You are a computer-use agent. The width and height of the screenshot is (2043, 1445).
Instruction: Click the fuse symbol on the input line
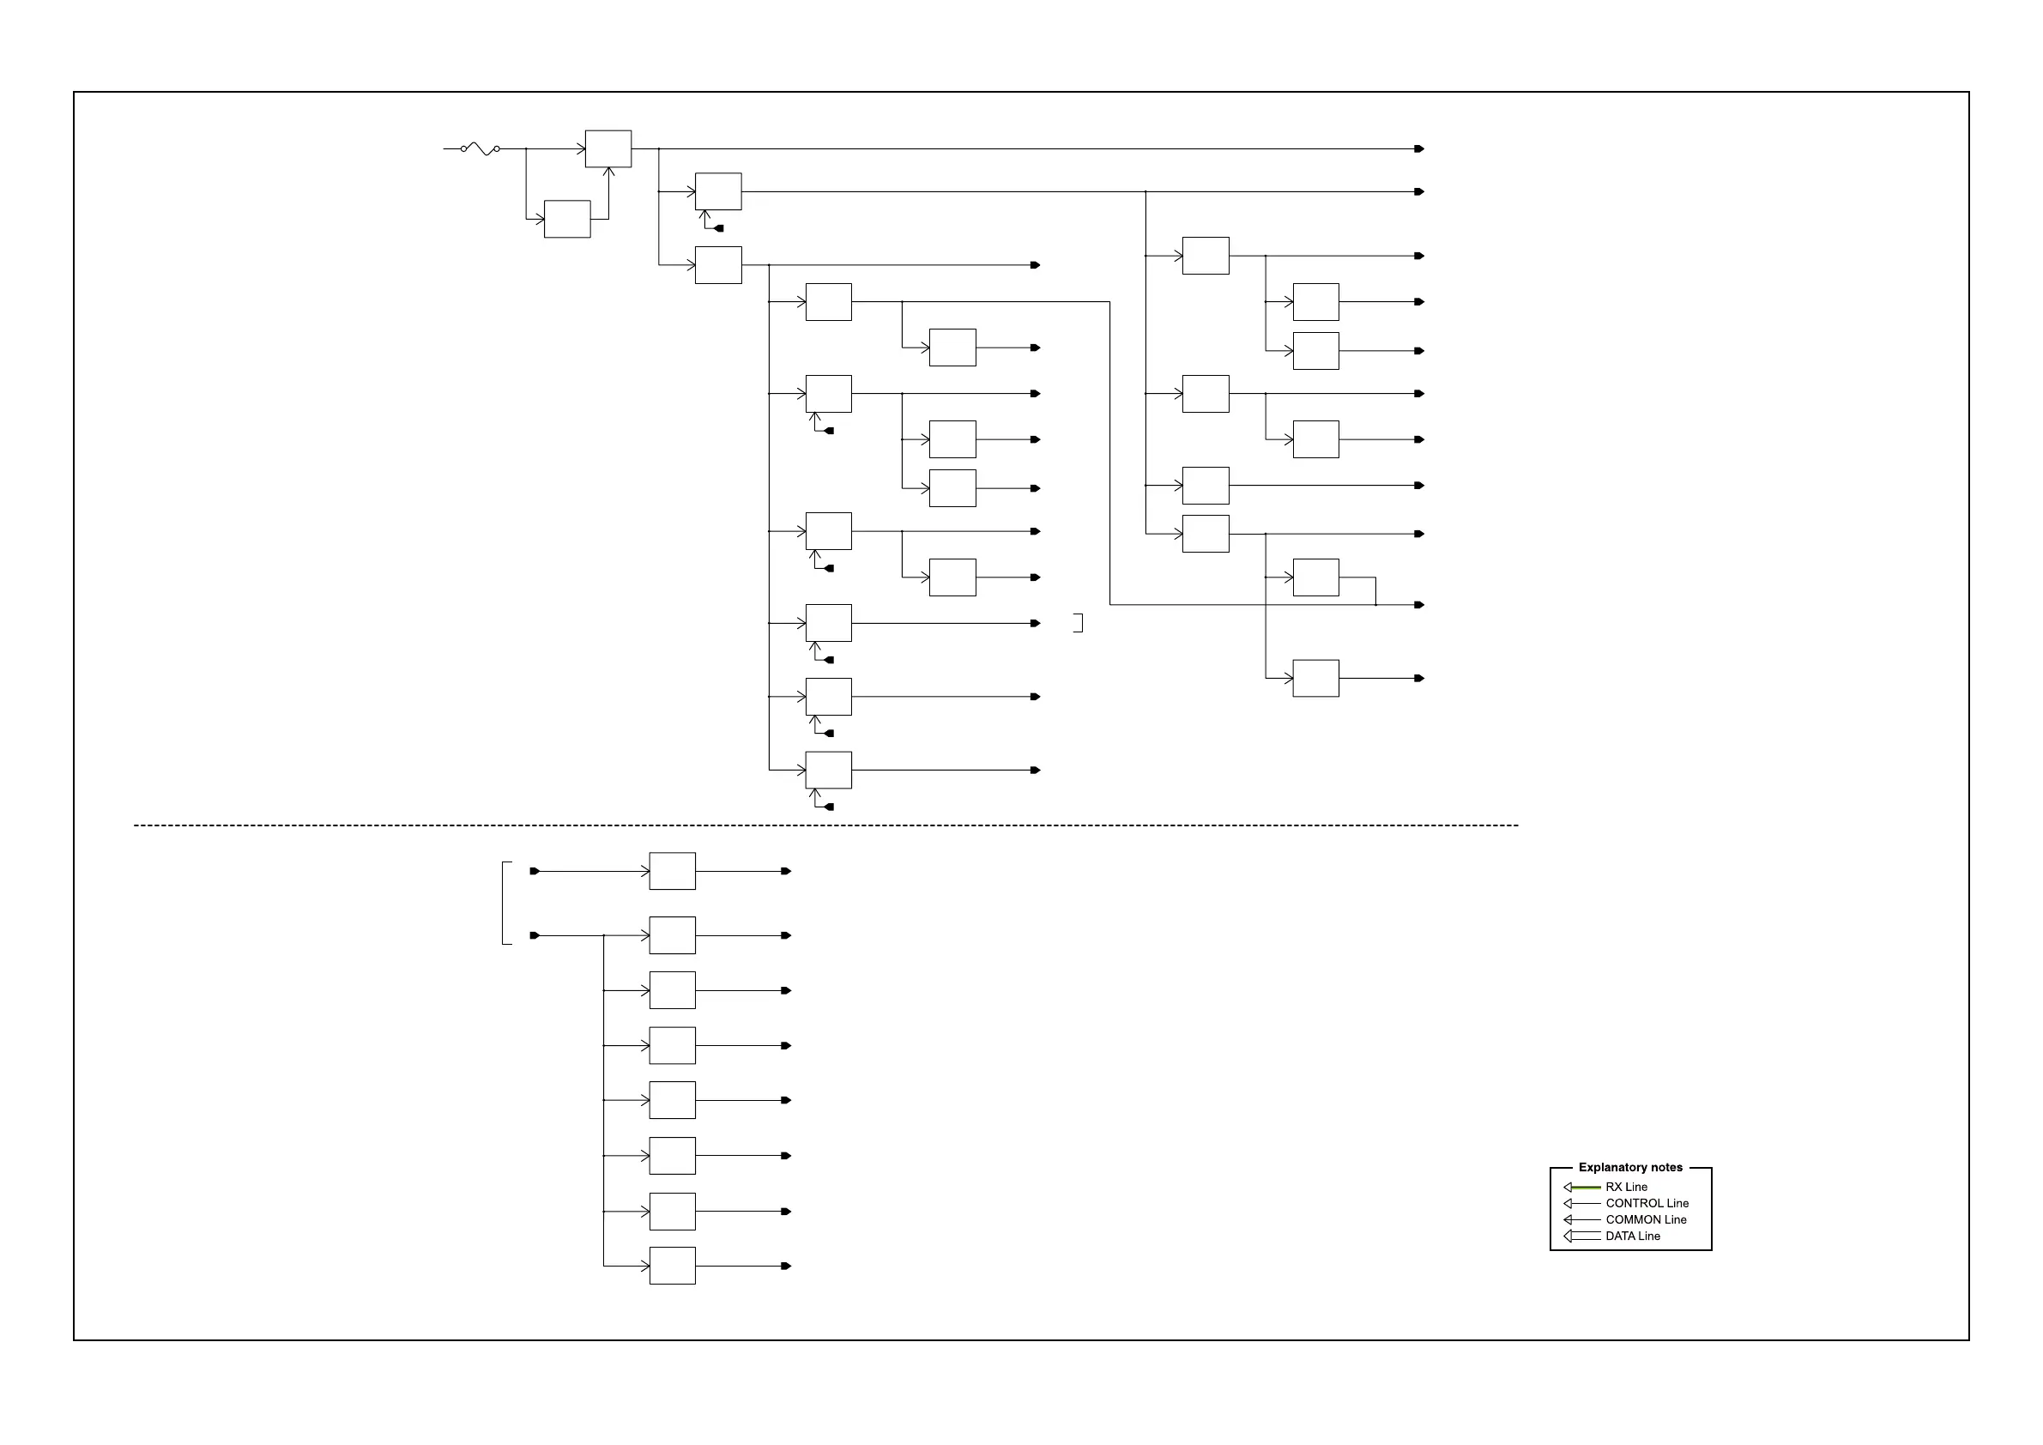(x=481, y=148)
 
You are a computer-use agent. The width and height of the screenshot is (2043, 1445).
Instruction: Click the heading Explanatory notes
(x=1630, y=1167)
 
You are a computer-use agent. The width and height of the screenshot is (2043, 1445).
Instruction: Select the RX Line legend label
(x=1626, y=1187)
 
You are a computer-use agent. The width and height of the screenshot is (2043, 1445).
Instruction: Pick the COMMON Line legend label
(x=1645, y=1220)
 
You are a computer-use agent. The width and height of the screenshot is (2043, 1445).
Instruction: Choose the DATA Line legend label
(x=1632, y=1236)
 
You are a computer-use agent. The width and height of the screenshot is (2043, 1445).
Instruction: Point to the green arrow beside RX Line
(x=1581, y=1187)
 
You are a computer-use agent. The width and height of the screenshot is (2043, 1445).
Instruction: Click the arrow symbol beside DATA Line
(x=1581, y=1236)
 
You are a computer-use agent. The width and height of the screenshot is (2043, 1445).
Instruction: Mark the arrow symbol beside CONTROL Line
(x=1581, y=1203)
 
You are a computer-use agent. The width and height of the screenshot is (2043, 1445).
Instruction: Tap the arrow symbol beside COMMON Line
(x=1581, y=1220)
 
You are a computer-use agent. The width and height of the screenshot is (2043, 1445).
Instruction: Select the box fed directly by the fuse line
(x=607, y=148)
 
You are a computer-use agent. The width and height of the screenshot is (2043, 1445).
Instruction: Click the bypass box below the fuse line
(x=567, y=219)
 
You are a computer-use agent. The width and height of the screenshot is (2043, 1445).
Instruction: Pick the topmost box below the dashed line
(x=672, y=871)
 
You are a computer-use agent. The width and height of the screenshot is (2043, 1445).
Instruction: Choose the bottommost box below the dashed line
(x=672, y=1266)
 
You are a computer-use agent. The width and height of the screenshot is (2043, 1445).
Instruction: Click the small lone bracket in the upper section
(x=1079, y=623)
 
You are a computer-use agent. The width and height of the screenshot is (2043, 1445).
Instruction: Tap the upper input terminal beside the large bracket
(x=534, y=871)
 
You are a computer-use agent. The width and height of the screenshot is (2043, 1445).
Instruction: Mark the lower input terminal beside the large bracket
(x=534, y=935)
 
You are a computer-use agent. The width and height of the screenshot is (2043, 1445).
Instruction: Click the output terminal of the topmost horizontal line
(x=1419, y=148)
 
